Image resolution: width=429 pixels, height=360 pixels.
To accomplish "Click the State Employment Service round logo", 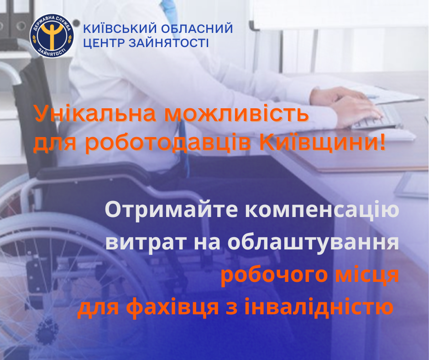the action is (52, 36).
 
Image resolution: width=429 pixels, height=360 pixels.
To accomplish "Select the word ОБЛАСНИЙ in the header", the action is (197, 29).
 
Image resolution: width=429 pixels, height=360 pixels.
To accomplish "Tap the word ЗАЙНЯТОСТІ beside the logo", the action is (168, 43).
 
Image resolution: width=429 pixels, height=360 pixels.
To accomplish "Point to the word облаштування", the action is (313, 243).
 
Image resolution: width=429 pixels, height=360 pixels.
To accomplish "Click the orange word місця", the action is (367, 275).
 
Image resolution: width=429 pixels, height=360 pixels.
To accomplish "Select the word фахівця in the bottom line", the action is (173, 307).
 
